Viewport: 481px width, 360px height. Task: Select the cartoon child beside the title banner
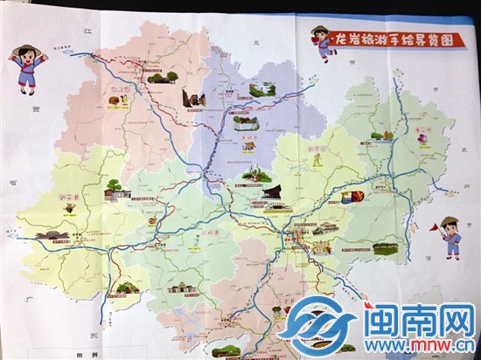tap(328, 45)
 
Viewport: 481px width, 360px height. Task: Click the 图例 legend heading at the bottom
tap(87, 354)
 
